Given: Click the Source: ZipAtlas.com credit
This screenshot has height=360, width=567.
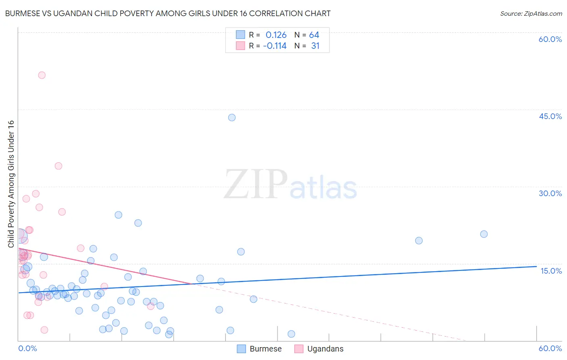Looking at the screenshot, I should click(x=531, y=13).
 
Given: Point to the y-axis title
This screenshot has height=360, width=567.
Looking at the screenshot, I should click(x=11, y=184).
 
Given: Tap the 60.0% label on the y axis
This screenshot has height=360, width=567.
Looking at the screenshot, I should click(x=550, y=39).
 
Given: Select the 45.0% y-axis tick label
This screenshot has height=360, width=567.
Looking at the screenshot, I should click(x=550, y=116).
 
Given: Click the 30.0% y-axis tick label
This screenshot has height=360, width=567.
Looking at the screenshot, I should click(x=550, y=193).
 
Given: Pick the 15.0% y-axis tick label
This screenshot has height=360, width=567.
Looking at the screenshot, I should click(x=551, y=271).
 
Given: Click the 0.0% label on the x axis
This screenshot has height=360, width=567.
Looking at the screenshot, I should click(x=27, y=348).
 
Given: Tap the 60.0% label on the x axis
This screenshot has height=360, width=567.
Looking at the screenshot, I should click(x=550, y=348).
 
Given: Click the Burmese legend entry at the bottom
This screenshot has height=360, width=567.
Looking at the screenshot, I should click(x=259, y=349).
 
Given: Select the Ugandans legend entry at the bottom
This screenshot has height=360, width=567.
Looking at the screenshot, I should click(x=319, y=349).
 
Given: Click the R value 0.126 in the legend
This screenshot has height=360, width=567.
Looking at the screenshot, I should click(x=276, y=35).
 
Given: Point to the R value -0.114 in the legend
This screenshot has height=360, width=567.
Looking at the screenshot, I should click(x=275, y=46).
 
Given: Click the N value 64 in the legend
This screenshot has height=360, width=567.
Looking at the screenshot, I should click(x=314, y=35).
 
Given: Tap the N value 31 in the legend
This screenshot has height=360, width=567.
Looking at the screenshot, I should click(x=315, y=46).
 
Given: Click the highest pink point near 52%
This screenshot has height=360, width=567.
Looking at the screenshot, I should click(x=42, y=75).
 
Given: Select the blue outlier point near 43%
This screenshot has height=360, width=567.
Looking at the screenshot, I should click(x=232, y=117).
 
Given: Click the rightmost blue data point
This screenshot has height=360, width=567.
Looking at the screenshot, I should click(x=484, y=234).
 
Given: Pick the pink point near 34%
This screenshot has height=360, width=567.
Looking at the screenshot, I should click(x=58, y=166).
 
